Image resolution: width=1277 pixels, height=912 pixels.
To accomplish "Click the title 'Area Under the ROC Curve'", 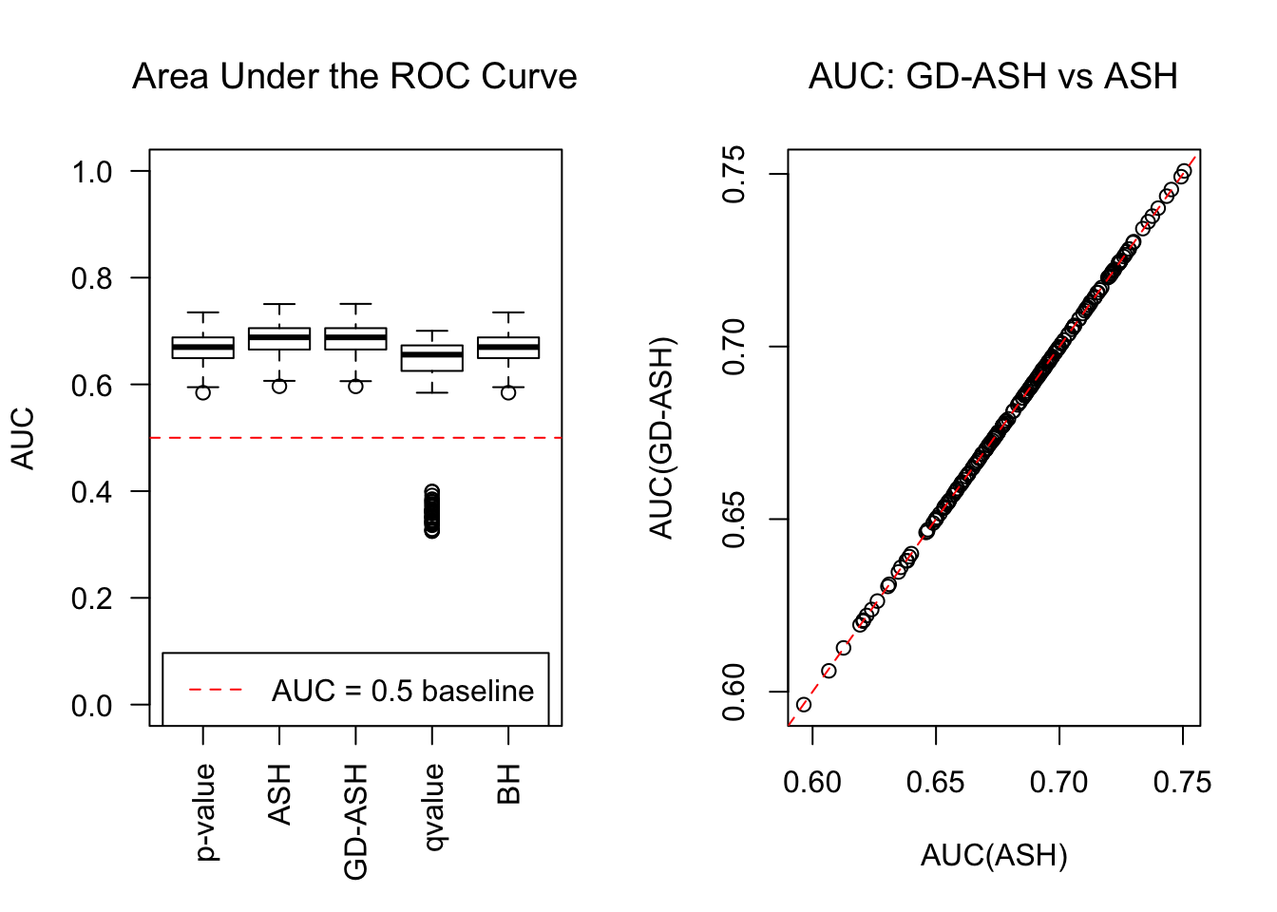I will (x=354, y=77).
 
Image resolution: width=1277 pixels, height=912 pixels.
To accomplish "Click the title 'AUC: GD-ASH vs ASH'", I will (x=993, y=77).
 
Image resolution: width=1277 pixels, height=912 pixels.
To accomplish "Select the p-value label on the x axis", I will (x=205, y=812).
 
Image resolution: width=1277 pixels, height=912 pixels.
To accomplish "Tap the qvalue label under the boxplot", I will (x=433, y=807).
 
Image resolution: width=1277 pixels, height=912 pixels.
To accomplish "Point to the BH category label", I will (x=509, y=785).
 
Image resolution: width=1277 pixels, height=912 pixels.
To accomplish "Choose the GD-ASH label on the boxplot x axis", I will (x=356, y=822).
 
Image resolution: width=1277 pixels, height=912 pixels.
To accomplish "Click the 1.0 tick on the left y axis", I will (x=92, y=172).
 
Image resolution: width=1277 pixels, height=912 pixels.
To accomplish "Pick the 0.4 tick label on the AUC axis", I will (x=92, y=492).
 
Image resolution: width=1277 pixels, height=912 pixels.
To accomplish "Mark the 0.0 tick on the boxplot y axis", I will (x=92, y=706).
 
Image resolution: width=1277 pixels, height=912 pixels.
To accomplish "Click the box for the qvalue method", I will (x=432, y=358).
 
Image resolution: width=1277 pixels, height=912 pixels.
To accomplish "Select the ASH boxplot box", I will (x=279, y=339).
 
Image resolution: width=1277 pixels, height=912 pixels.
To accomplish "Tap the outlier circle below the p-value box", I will (x=203, y=392).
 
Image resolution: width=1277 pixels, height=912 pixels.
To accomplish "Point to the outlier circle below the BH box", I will (x=508, y=392).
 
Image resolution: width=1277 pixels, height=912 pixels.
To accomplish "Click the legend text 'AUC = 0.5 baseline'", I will (x=403, y=691).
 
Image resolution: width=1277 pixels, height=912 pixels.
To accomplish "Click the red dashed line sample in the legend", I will (x=217, y=690).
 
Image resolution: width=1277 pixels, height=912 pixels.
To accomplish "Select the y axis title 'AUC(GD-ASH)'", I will (x=661, y=438).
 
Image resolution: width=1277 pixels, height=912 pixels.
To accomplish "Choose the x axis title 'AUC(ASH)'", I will (x=994, y=856).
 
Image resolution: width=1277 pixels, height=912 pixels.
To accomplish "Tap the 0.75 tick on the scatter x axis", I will (x=1182, y=783).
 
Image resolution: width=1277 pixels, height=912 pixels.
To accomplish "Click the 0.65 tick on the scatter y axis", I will (x=734, y=520).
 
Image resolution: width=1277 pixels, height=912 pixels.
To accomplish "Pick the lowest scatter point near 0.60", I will (x=804, y=705).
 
